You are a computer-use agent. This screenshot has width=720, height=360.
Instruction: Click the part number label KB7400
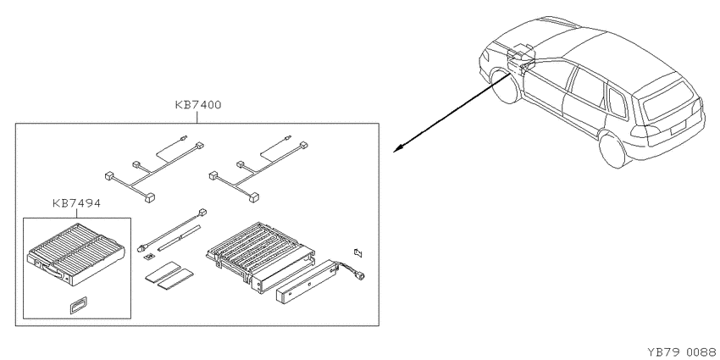(198, 105)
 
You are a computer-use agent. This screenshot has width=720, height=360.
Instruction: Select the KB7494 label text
(76, 203)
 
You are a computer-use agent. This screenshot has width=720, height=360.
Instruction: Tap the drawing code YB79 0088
(684, 352)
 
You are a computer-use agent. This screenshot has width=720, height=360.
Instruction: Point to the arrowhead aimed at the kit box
(397, 148)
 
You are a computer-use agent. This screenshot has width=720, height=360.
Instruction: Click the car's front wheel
(504, 86)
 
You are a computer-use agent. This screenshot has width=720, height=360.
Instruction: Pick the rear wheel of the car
(613, 148)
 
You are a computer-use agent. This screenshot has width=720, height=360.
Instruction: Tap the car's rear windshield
(668, 100)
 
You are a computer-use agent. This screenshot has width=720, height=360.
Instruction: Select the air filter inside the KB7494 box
(76, 253)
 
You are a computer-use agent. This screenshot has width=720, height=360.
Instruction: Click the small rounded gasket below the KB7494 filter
(79, 304)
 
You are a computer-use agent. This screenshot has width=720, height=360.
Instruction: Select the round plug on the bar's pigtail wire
(361, 275)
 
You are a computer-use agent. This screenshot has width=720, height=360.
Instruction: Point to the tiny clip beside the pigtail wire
(358, 252)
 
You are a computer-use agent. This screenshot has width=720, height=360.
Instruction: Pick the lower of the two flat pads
(175, 282)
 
